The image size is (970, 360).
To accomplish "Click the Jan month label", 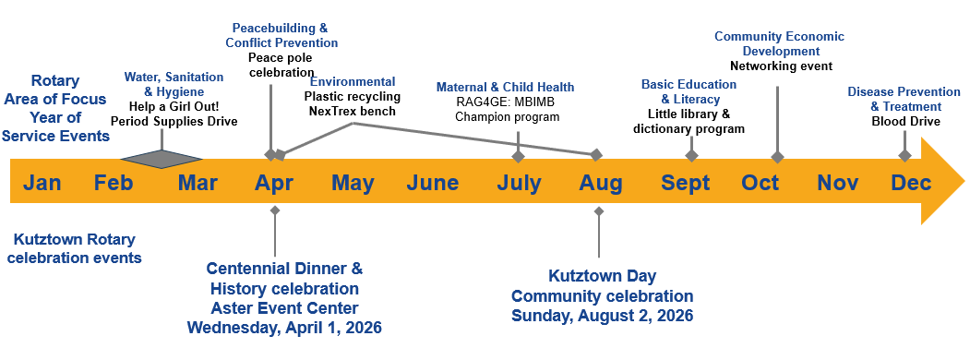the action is (x=42, y=183).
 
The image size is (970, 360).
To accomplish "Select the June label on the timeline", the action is (x=433, y=183).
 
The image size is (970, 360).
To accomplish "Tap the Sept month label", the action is (x=686, y=184).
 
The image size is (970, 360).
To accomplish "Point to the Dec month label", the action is (x=911, y=183).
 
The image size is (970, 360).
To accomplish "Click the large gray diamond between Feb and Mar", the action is (x=162, y=159).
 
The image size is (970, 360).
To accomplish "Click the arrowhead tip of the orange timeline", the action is (x=964, y=181).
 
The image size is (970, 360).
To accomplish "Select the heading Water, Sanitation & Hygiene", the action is (x=174, y=84).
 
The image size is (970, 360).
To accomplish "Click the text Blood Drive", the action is (x=905, y=122).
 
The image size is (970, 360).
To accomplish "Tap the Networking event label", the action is (x=782, y=66).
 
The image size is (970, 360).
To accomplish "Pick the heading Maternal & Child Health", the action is (x=506, y=87).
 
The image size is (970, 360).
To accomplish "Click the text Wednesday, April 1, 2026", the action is (x=284, y=327).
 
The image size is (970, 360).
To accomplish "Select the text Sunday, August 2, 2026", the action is (x=602, y=316).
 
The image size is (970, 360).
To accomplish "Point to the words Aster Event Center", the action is (x=284, y=308).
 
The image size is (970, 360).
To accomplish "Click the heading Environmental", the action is (x=353, y=82).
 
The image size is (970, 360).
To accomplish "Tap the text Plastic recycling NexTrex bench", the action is (x=353, y=104).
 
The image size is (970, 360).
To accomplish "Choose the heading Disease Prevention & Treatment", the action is (x=904, y=99).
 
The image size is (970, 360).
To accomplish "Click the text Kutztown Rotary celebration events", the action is (x=74, y=248).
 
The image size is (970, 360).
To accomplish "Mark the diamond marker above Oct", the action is (x=778, y=157).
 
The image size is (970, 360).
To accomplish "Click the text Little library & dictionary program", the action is (x=689, y=122).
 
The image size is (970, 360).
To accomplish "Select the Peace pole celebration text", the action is (x=281, y=65).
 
